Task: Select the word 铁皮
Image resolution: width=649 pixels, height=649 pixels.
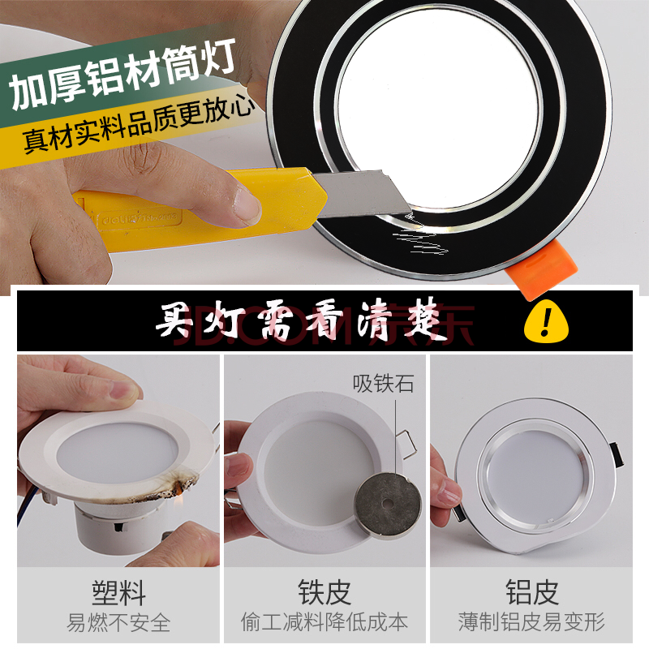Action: click(324, 591)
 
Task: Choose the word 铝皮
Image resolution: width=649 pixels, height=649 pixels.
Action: click(531, 591)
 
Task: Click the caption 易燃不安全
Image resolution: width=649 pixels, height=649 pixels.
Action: click(118, 622)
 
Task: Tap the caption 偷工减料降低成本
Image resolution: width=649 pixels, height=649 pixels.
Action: click(324, 622)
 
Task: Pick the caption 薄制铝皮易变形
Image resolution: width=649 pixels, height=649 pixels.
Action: click(531, 622)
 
